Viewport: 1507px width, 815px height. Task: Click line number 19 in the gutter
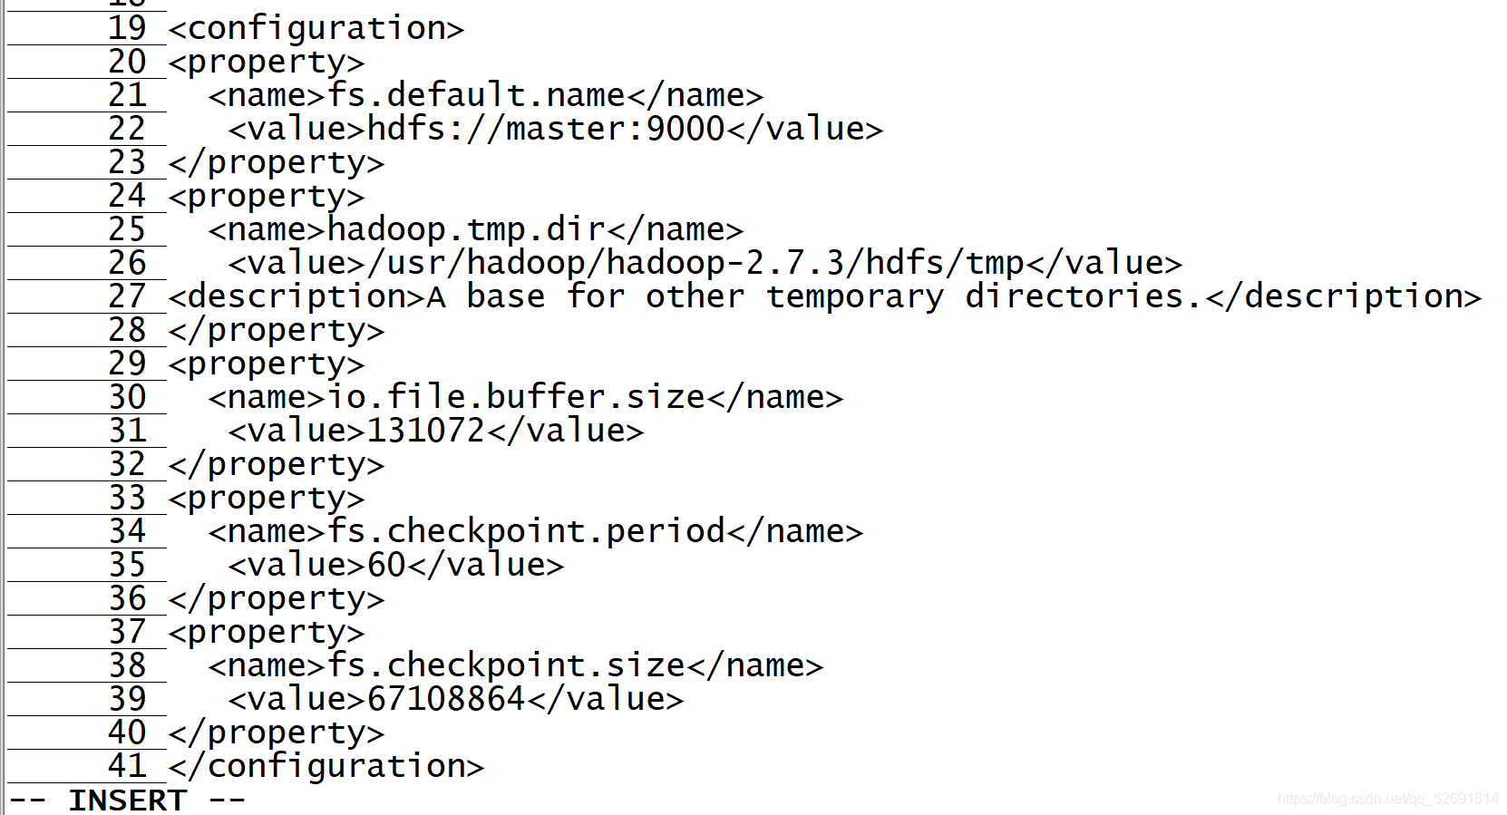126,28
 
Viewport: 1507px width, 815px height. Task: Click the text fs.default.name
476,95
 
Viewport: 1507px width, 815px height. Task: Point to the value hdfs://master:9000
546,129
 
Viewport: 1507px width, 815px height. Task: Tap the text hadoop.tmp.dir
466,230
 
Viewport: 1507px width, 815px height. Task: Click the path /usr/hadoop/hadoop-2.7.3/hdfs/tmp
695,264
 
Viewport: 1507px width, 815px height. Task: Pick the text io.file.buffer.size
516,397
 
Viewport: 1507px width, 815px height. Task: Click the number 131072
426,431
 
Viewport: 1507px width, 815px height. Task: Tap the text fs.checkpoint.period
526,532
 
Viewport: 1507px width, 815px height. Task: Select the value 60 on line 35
387,565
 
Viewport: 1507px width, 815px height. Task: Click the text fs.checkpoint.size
506,665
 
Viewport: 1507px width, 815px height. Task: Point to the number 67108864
446,699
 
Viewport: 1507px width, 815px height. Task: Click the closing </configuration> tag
326,767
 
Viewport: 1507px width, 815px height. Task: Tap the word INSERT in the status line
127,800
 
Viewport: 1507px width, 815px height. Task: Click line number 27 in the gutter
126,296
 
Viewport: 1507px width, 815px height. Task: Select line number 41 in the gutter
126,766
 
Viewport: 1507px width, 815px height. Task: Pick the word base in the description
506,296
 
